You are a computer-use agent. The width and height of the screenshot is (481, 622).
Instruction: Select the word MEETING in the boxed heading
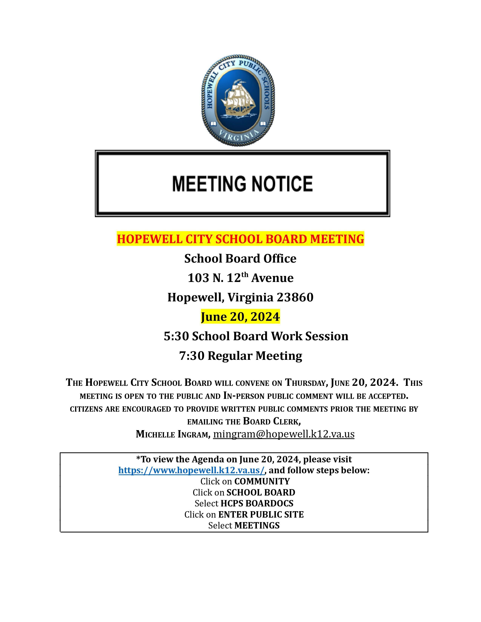[x=209, y=184]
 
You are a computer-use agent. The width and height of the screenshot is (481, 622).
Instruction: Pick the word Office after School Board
[x=280, y=259]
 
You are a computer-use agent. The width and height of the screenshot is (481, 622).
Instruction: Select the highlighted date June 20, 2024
[x=240, y=317]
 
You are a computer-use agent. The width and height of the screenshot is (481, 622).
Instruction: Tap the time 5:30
[x=176, y=336]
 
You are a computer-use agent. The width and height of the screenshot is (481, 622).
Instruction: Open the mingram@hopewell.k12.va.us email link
[x=284, y=434]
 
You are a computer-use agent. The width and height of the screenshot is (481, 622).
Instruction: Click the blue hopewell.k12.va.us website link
[x=191, y=470]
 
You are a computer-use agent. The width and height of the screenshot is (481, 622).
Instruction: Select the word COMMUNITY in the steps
[x=262, y=481]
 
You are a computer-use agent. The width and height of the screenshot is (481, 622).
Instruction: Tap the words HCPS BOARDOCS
[x=257, y=503]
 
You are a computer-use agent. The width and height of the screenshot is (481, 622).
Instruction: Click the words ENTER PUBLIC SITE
[x=261, y=514]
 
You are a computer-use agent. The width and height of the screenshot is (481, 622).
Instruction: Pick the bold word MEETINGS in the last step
[x=257, y=525]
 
